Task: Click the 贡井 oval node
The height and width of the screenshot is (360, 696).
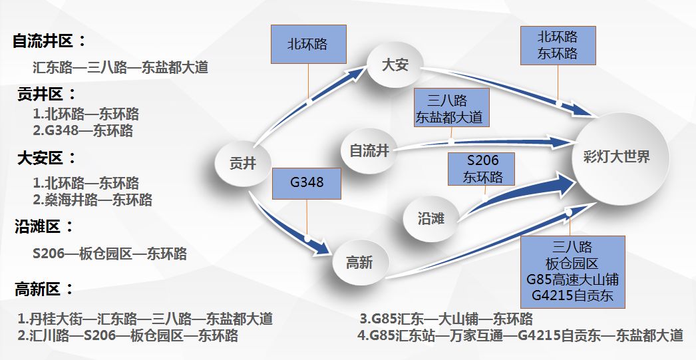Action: point(242,163)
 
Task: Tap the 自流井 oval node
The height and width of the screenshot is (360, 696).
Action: point(369,150)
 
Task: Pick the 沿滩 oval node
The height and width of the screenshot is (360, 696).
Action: point(431,218)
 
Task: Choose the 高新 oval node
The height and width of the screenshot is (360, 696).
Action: point(359,262)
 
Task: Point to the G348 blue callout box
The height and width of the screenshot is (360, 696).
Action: point(307,181)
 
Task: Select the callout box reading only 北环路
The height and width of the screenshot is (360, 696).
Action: point(307,45)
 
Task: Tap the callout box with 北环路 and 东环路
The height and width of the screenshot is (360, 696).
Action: point(558,45)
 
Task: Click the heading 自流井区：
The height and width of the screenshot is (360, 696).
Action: point(49,41)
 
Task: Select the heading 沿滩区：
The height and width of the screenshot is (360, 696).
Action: point(44,227)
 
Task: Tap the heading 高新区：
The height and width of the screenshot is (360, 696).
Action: point(44,289)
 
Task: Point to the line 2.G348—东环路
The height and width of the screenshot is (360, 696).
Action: point(83,130)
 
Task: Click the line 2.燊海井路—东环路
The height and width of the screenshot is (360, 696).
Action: point(92,199)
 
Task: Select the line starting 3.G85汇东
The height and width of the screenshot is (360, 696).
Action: point(446,319)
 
